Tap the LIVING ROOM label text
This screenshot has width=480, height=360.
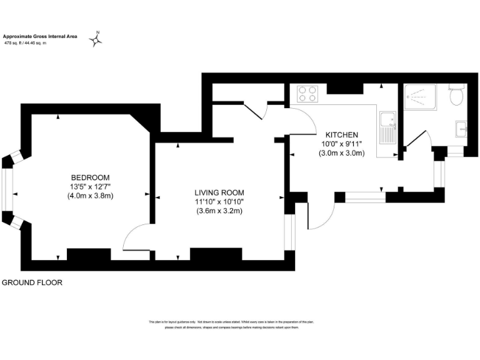pyautogui.click(x=219, y=192)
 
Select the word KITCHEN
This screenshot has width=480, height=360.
pyautogui.click(x=341, y=135)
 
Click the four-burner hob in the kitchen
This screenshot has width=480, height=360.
pyautogui.click(x=307, y=93)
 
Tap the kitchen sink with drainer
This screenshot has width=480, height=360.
pyautogui.click(x=387, y=127)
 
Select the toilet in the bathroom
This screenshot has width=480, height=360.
pyautogui.click(x=456, y=96)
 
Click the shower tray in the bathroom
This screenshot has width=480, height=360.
pyautogui.click(x=422, y=102)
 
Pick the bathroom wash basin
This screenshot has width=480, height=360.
pyautogui.click(x=461, y=128)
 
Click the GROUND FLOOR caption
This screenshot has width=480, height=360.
pyautogui.click(x=32, y=282)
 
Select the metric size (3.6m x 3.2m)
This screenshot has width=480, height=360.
pyautogui.click(x=219, y=211)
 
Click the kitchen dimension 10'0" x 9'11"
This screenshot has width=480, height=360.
pyautogui.click(x=341, y=144)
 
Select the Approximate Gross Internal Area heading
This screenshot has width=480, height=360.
pyautogui.click(x=40, y=37)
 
